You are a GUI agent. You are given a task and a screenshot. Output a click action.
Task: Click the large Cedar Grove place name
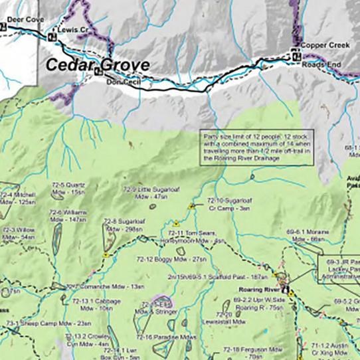(x=97, y=64)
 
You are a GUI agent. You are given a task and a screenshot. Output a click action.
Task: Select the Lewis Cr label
(x=73, y=31)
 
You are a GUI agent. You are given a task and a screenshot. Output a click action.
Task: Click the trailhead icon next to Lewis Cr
(x=51, y=37)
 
